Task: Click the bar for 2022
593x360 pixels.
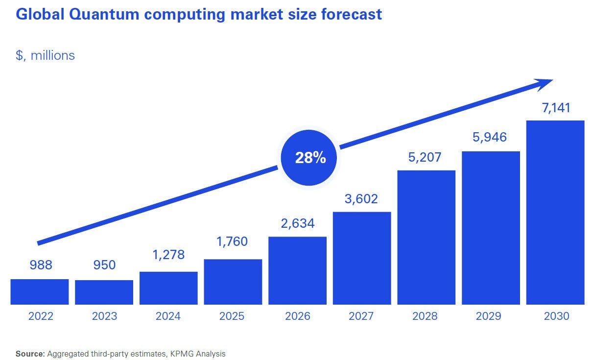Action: (x=40, y=292)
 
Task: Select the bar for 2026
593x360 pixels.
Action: (x=298, y=270)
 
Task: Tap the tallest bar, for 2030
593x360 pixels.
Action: (x=555, y=213)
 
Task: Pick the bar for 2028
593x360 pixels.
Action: (x=427, y=238)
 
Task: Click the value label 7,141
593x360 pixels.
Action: (x=556, y=108)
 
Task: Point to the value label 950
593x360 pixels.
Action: (x=104, y=265)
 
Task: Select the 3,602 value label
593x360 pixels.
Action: (x=362, y=199)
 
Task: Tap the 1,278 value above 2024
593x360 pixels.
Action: (x=168, y=254)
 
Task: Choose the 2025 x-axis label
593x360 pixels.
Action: (x=233, y=316)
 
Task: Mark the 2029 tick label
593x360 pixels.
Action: (x=491, y=316)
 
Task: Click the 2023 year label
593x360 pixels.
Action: (x=104, y=316)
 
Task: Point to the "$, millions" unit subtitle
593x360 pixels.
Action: (x=46, y=55)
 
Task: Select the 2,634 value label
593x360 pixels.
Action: (x=298, y=223)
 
